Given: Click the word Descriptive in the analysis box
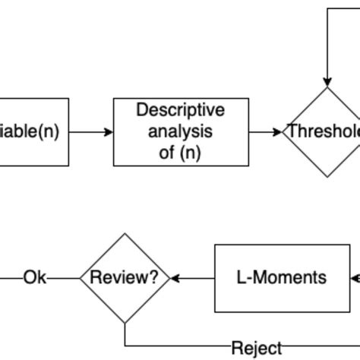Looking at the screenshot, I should (x=180, y=111).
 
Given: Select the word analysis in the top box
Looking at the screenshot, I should (x=180, y=131).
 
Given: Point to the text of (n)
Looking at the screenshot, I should (x=180, y=151).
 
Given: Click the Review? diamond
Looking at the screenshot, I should (x=125, y=278).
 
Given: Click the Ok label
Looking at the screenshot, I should (x=35, y=278).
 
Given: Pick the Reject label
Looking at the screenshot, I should (x=256, y=348).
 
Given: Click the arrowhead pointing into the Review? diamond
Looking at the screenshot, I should (x=175, y=278).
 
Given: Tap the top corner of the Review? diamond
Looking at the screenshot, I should (x=125, y=234).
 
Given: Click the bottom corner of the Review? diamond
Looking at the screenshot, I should (x=125, y=323).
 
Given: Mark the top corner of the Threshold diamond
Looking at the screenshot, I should (x=327, y=88).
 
